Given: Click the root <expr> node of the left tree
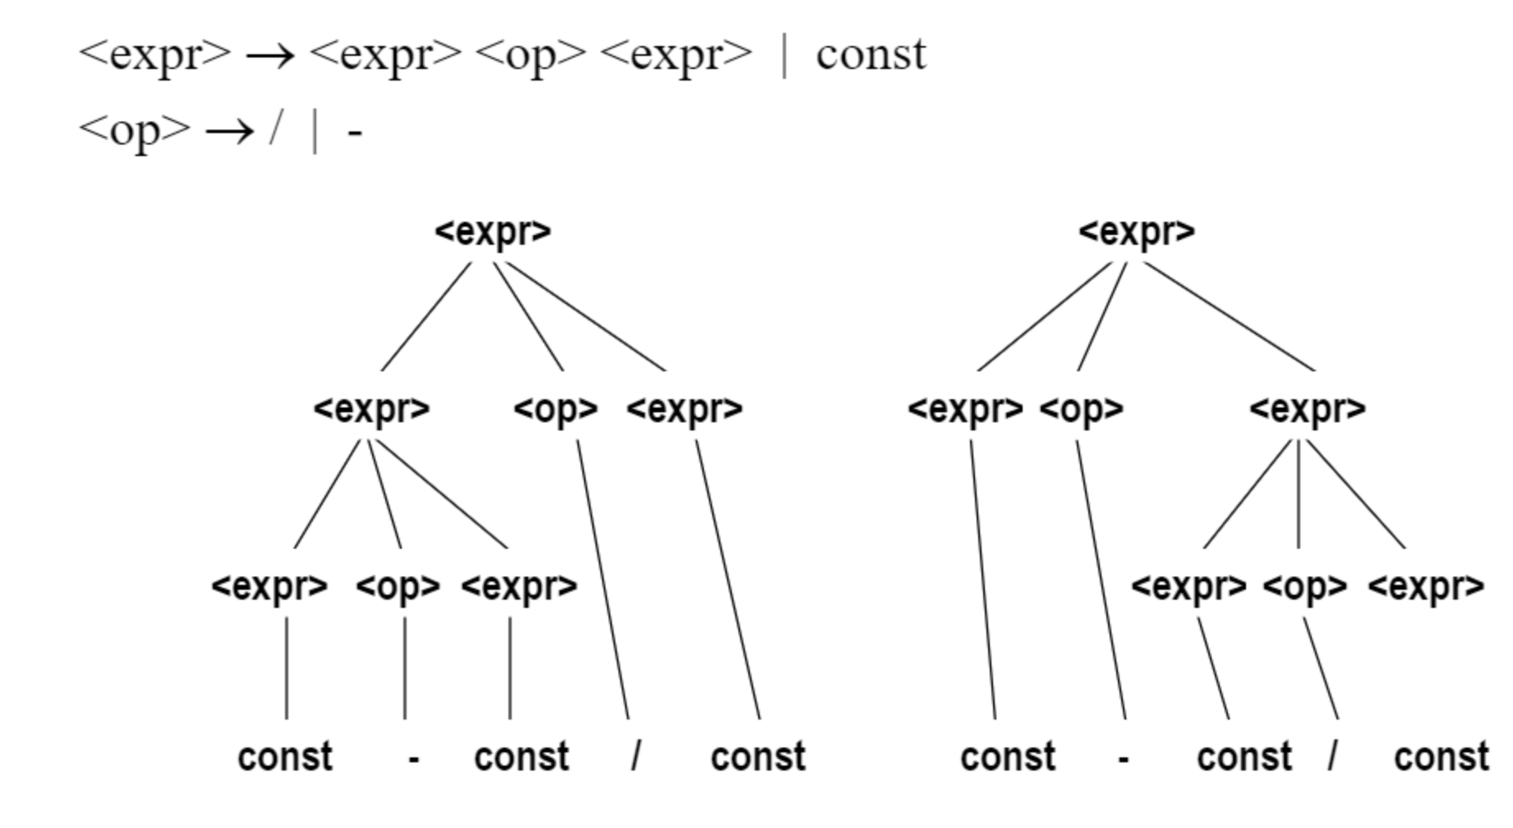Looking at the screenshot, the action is click(493, 232).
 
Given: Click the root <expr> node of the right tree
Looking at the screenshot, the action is click(1137, 232).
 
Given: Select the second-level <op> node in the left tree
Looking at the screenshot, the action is click(556, 408).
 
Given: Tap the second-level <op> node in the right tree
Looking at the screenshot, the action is click(1081, 408).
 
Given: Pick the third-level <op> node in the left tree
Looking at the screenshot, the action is click(398, 586).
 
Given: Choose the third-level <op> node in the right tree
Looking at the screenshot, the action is click(1305, 586).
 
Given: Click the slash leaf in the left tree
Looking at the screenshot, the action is click(636, 756).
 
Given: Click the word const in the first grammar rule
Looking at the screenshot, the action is click(871, 55).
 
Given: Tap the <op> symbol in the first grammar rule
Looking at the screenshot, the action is click(531, 55).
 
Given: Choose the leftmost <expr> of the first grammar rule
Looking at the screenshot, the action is click(155, 55).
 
